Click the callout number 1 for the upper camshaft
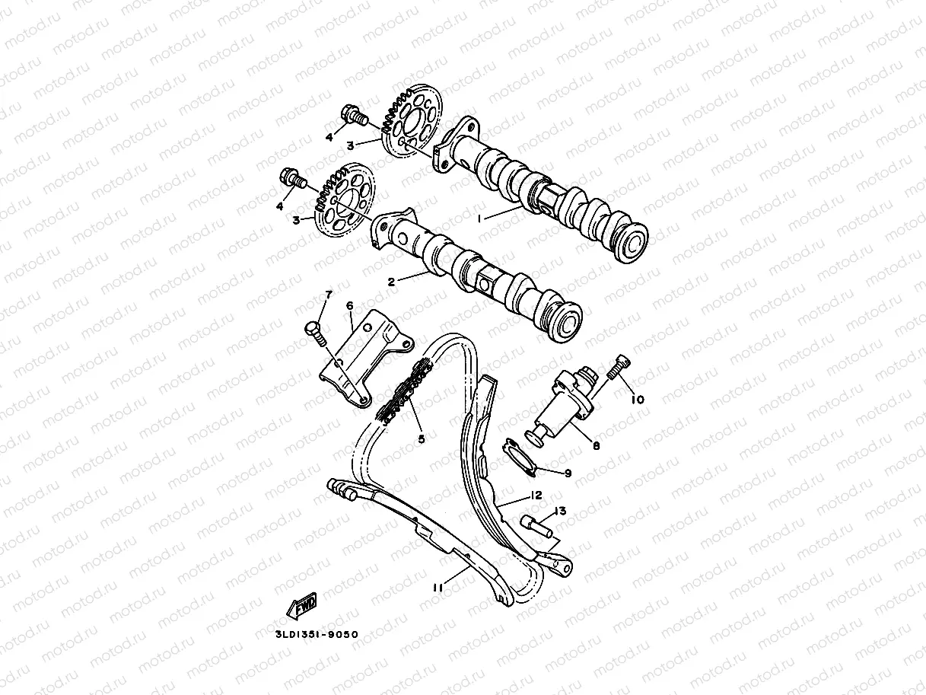480,218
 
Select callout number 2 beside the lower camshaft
392,281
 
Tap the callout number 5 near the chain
420,438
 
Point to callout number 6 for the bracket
350,305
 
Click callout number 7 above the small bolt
329,294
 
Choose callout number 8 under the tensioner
596,445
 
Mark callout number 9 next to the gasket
568,473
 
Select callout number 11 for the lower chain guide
438,587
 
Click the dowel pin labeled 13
536,526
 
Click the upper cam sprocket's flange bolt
355,117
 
